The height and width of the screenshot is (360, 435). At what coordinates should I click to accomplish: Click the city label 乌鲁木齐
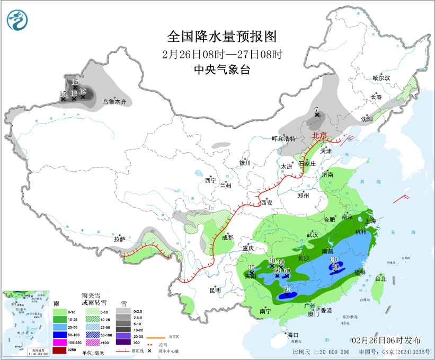[114, 101]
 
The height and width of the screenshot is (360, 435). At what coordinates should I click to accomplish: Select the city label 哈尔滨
[380, 78]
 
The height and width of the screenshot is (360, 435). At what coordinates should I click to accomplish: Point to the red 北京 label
[320, 135]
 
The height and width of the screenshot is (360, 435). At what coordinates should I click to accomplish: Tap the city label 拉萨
[119, 239]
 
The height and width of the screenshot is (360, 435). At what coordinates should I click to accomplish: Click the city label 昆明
[215, 290]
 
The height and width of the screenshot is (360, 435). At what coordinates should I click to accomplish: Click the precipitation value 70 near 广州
[286, 289]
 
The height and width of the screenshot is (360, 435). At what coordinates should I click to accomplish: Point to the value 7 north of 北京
[316, 109]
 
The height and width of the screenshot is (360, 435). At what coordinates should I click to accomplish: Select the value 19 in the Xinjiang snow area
[83, 91]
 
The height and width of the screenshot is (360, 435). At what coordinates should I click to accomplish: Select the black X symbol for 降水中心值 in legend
[149, 350]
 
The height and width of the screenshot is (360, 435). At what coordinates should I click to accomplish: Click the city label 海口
[292, 335]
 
